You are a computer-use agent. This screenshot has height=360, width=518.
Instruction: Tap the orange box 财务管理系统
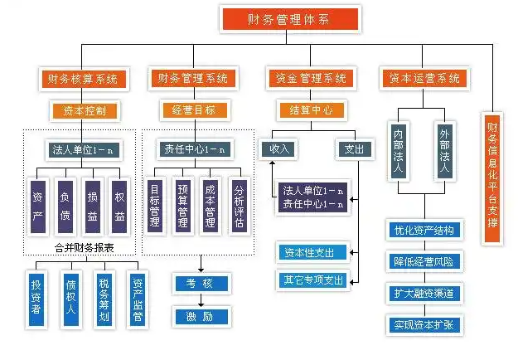pyautogui.click(x=192, y=80)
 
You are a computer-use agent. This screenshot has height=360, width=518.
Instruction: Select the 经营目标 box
pyautogui.click(x=192, y=109)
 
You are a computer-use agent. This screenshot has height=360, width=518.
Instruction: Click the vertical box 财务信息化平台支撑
pyautogui.click(x=492, y=179)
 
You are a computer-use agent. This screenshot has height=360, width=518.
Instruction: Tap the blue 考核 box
pyautogui.click(x=200, y=284)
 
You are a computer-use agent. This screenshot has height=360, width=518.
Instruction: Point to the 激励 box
pyautogui.click(x=200, y=315)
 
